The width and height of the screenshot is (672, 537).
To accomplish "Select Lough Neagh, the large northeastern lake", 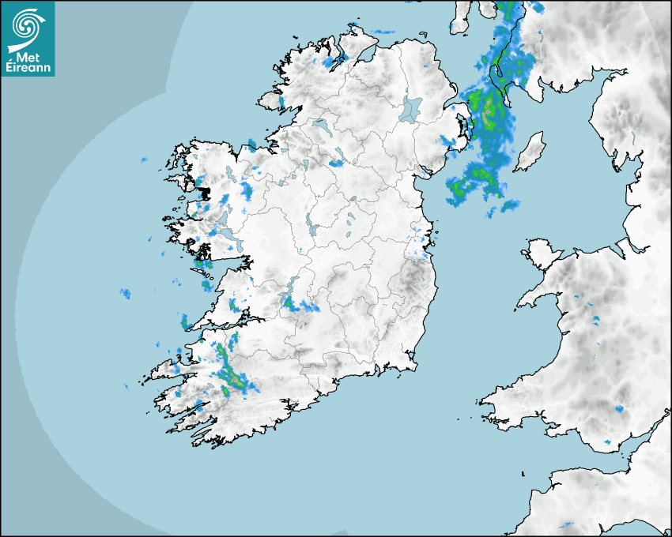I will pos(411,108).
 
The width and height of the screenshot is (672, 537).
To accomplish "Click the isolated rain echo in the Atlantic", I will pos(125,294).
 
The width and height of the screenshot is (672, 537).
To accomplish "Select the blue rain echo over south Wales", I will pos(619,408).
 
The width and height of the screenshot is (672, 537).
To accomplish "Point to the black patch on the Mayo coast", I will pos(204,192).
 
